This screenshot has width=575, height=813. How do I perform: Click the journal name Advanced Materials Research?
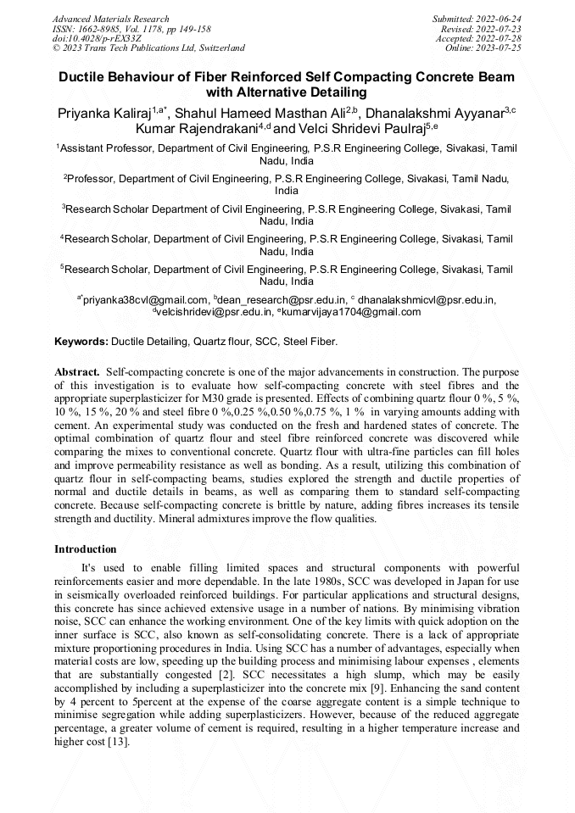110,19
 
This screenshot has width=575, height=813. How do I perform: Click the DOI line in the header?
97,38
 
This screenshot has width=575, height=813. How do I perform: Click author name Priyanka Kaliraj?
103,113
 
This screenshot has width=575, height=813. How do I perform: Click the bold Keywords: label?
81,342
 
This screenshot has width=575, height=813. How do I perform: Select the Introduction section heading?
85,549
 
